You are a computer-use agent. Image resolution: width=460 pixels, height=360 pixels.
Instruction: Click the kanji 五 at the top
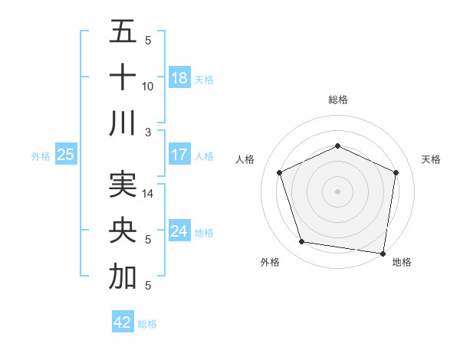point(123,34)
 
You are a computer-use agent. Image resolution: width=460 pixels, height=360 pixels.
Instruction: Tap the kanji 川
point(123,123)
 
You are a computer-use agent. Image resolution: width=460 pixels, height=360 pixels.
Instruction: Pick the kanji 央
point(123,231)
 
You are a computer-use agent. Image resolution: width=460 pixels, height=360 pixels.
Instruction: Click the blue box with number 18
point(179,78)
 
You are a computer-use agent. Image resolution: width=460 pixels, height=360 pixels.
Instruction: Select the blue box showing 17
point(179,155)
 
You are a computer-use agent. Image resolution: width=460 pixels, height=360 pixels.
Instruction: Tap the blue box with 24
point(179,231)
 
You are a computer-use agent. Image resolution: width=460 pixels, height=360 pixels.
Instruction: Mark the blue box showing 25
point(65,155)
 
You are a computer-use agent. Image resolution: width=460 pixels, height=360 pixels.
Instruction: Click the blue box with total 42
point(123,322)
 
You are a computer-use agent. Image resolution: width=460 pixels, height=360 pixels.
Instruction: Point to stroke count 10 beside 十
point(148,87)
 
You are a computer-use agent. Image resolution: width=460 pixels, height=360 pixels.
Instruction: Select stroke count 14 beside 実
point(148,195)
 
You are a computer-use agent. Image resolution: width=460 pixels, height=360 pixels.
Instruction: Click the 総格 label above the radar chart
point(337,100)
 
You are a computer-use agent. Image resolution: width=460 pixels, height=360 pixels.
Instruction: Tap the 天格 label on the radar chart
point(431,159)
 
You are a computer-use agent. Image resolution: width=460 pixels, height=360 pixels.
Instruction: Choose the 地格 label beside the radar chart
point(402,262)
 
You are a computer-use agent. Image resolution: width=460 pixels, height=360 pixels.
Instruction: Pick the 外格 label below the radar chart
point(270,262)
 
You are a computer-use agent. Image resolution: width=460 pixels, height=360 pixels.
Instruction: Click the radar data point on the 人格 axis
point(280,172)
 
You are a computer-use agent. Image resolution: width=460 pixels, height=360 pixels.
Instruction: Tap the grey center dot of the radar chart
point(337,191)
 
